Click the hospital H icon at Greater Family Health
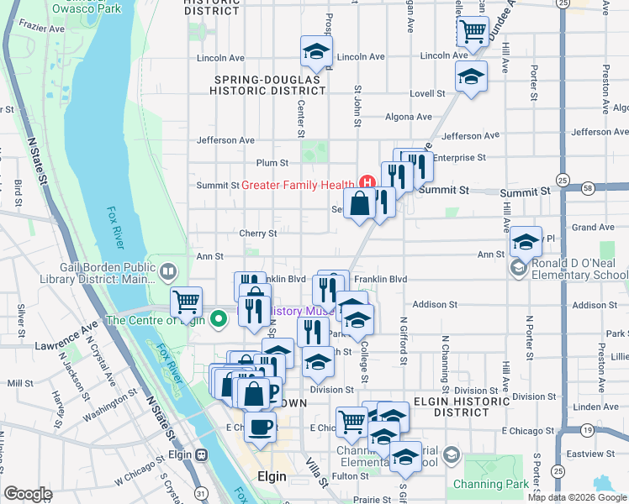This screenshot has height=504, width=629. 367,181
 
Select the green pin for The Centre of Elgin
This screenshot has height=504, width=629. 219,319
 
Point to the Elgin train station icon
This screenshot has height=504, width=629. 201,454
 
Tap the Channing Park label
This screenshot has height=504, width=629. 491,484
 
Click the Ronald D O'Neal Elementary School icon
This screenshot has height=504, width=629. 518,267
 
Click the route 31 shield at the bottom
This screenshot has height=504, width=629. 201,492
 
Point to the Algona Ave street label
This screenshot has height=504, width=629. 408,117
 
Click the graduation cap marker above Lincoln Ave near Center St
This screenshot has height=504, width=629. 316,52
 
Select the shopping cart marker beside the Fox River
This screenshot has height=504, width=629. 185,301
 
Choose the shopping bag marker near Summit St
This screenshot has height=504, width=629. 359,203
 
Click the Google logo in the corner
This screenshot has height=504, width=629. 29,494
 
